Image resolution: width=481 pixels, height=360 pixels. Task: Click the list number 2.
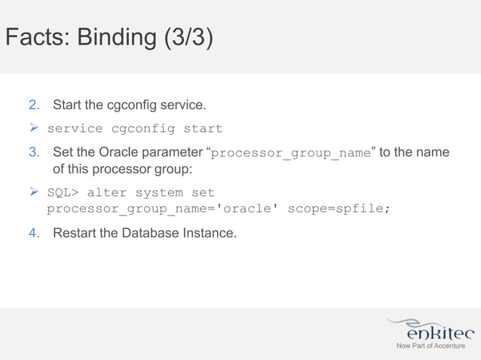[x=35, y=103]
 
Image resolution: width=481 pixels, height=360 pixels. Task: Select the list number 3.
[x=35, y=153]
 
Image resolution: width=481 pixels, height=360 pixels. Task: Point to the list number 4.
[x=35, y=233]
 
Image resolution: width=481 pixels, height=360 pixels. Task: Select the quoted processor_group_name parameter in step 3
[x=291, y=154]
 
